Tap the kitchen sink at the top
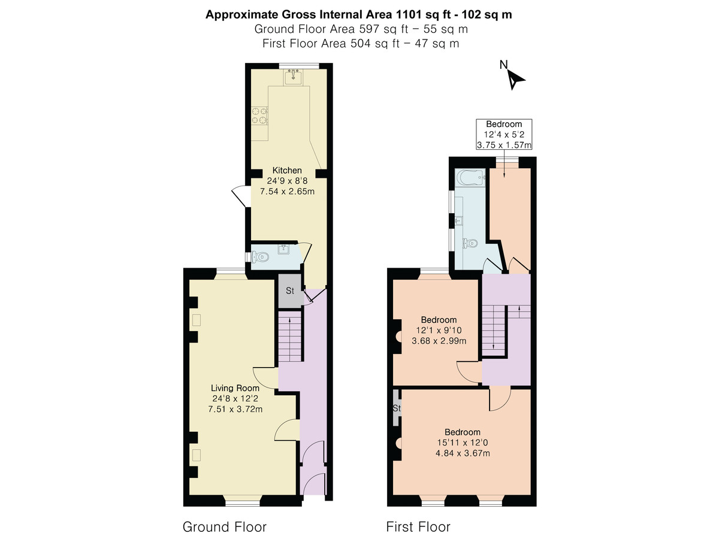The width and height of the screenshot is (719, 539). click(293, 77)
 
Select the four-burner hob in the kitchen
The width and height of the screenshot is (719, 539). click(260, 116)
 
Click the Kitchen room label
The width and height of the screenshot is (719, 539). click(287, 170)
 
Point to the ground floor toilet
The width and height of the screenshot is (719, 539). click(259, 256)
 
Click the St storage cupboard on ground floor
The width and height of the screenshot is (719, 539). click(290, 290)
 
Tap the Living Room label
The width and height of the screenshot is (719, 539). click(235, 388)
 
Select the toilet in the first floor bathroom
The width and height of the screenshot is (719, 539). click(470, 243)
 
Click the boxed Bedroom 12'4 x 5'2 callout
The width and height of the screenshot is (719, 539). click(504, 134)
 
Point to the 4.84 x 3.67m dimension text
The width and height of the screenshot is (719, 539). click(463, 453)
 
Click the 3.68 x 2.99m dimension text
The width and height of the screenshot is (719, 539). click(439, 341)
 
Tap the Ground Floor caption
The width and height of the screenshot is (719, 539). click(225, 527)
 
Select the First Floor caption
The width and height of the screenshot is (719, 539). click(418, 527)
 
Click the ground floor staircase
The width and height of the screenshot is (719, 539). click(290, 337)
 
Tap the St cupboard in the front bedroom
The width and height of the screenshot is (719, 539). click(396, 408)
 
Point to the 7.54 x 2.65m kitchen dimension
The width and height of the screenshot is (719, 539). click(287, 191)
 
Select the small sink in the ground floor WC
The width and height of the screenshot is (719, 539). click(283, 249)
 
